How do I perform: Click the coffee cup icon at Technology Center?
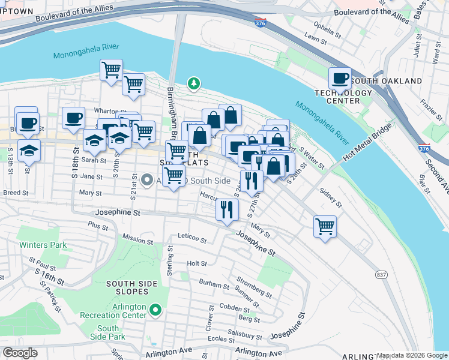tap(340, 79)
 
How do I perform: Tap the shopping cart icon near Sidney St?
tap(325, 227)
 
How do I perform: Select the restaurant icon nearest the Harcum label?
tap(227, 209)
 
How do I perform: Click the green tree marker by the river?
tap(193, 83)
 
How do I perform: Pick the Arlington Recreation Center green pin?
tap(155, 310)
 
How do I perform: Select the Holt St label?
tap(197, 263)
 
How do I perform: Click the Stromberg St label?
tap(254, 284)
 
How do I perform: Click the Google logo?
tap(20, 352)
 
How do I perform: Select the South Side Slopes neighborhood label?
tap(127, 287)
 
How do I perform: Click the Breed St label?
tap(16, 193)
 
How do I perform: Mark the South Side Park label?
tap(108, 332)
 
